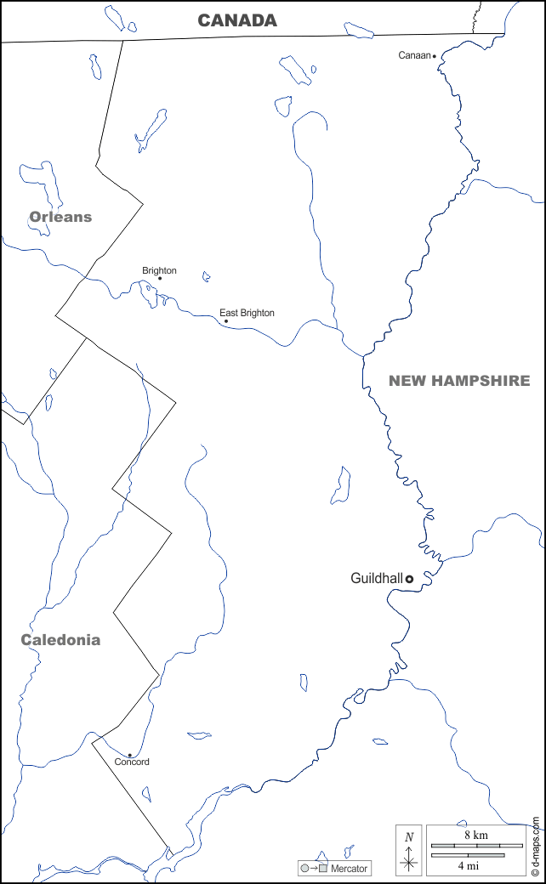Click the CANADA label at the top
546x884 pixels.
point(237,20)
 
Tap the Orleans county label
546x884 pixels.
point(60,217)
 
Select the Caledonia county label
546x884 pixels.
point(60,640)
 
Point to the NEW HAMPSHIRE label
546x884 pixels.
point(459,381)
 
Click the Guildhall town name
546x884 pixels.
point(376,578)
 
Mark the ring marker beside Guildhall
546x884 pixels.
point(409,578)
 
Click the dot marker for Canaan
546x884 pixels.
point(435,56)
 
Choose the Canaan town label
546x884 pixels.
point(415,55)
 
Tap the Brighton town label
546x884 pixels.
point(159,270)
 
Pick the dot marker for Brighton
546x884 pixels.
point(160,278)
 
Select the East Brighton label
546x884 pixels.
point(247,313)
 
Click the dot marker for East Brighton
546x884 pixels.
point(225,321)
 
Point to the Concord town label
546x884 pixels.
point(132,762)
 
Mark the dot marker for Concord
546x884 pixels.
point(129,755)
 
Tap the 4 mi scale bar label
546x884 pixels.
point(467,865)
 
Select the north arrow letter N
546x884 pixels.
point(409,836)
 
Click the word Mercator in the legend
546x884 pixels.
point(350,869)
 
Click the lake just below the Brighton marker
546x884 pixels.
point(148,293)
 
